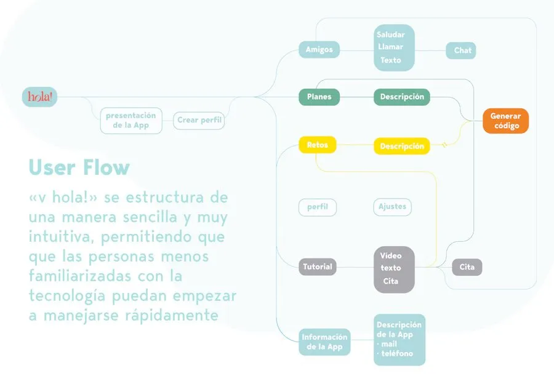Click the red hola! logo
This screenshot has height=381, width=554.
click(x=39, y=97)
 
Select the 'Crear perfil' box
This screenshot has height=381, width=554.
click(x=199, y=120)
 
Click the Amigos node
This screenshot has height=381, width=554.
click(x=319, y=49)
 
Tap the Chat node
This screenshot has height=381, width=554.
click(x=461, y=50)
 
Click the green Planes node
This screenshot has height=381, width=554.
click(x=319, y=97)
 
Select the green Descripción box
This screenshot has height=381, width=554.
click(x=402, y=97)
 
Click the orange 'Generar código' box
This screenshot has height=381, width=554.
click(x=505, y=121)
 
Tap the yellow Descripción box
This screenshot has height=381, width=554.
click(x=402, y=146)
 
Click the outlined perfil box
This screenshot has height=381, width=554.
click(x=318, y=207)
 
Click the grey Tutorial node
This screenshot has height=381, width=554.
click(x=318, y=267)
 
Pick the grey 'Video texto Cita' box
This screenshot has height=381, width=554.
click(x=394, y=268)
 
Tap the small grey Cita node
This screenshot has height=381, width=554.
click(x=467, y=267)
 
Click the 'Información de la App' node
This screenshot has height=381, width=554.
click(x=325, y=342)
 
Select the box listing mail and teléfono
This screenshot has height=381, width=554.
click(x=399, y=340)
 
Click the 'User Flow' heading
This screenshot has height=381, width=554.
click(x=79, y=167)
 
